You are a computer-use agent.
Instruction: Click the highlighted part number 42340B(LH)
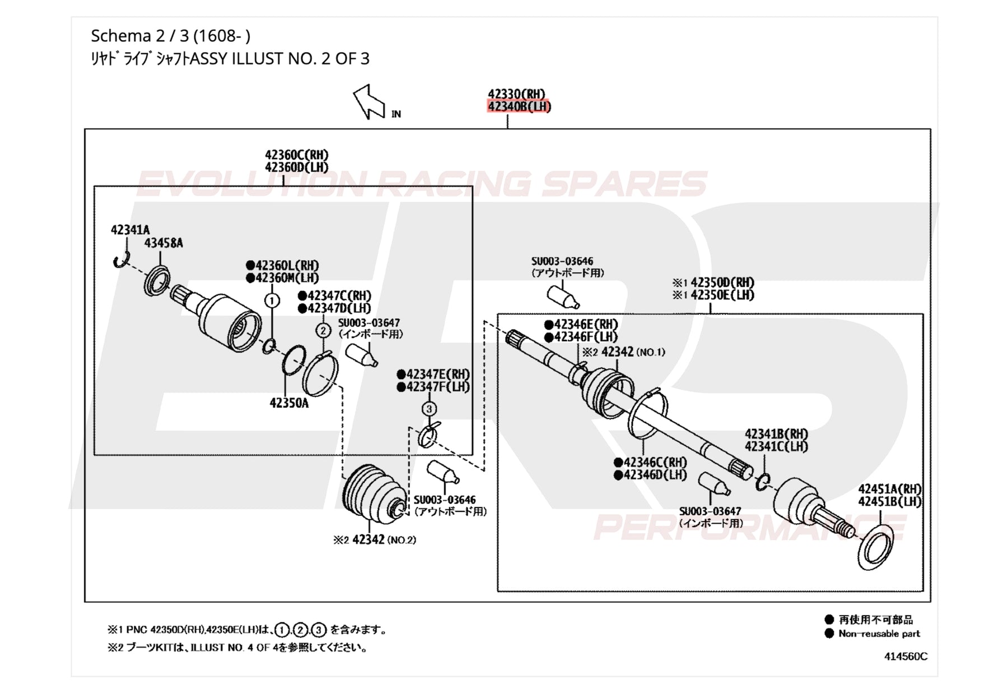pyautogui.click(x=519, y=106)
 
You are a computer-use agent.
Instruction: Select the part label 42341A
pyautogui.click(x=130, y=230)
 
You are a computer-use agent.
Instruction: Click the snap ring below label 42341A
pyautogui.click(x=121, y=259)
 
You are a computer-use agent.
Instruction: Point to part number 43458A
pyautogui.click(x=164, y=243)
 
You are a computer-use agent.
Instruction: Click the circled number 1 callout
pyautogui.click(x=272, y=301)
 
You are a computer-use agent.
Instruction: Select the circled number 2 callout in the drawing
pyautogui.click(x=323, y=330)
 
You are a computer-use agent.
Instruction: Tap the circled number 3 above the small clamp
pyautogui.click(x=429, y=409)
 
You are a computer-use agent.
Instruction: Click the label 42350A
pyautogui.click(x=289, y=403)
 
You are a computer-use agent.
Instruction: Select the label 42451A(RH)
pyautogui.click(x=890, y=490)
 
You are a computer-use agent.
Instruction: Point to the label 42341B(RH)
pyautogui.click(x=776, y=434)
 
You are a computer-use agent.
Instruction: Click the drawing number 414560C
pyautogui.click(x=906, y=656)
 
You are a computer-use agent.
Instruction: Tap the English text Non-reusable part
pyautogui.click(x=879, y=634)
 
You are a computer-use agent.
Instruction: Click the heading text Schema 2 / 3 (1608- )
pyautogui.click(x=171, y=36)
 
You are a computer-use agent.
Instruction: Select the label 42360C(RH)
pyautogui.click(x=297, y=155)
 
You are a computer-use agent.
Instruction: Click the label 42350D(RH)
pyautogui.click(x=722, y=282)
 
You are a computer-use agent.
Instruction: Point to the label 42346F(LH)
pyautogui.click(x=586, y=337)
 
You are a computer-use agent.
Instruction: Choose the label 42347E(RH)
pyautogui.click(x=438, y=374)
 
